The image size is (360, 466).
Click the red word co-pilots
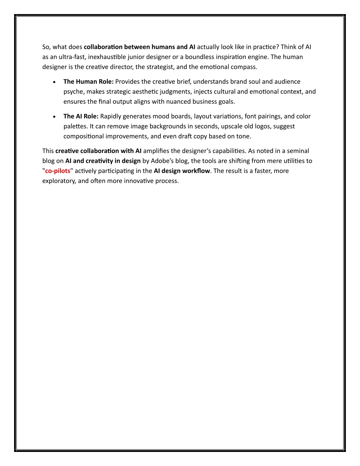58,171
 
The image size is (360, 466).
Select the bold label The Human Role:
88,82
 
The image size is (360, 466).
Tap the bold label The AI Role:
81,116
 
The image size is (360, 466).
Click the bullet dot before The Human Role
54,82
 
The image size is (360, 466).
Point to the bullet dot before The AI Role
54,117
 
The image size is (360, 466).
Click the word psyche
73,92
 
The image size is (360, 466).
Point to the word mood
160,116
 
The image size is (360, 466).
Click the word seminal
298,151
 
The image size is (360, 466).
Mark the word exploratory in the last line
58,181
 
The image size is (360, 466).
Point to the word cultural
225,92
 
